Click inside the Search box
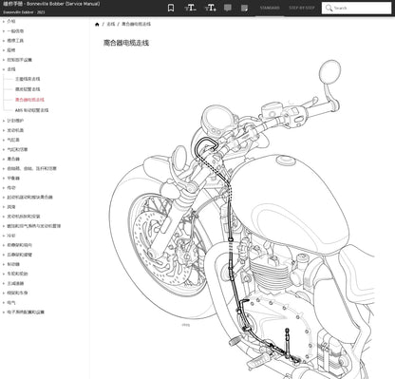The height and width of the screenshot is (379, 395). click(x=358, y=8)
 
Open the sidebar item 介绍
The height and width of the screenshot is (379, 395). click(x=11, y=20)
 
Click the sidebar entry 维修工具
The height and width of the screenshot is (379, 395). click(x=14, y=40)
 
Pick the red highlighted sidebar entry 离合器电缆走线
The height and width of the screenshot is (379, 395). click(x=29, y=100)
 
